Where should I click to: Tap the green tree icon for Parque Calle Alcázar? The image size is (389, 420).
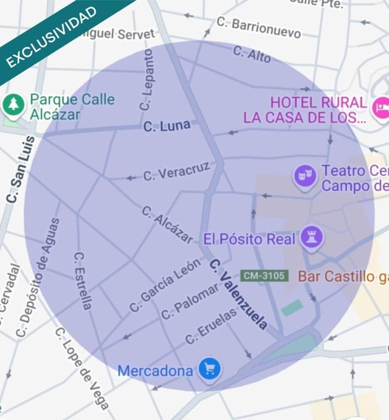click(x=13, y=104)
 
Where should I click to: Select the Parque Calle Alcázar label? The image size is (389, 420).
click(x=72, y=107)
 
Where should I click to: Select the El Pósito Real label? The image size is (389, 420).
click(x=249, y=239)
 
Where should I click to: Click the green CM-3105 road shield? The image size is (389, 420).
click(x=264, y=276)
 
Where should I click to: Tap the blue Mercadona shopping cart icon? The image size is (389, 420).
click(x=209, y=369)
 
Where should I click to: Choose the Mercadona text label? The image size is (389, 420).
click(x=155, y=371)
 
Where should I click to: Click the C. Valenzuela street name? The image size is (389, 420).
click(x=239, y=294)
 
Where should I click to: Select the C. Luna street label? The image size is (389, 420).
click(x=167, y=126)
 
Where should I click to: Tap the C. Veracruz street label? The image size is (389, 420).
click(x=176, y=171)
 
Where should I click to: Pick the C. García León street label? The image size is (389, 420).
click(x=165, y=285)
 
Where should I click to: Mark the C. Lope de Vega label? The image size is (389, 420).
click(x=82, y=368)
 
